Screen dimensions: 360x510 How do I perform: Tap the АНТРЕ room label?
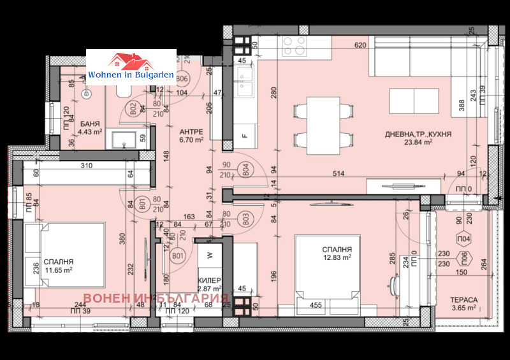[191, 131]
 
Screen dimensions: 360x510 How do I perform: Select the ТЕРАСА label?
[463, 299]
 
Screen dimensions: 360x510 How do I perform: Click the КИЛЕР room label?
[210, 280]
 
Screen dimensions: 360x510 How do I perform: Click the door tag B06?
[182, 79]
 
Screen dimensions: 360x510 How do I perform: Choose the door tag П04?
[465, 240]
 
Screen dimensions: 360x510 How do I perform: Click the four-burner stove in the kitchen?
[295, 46]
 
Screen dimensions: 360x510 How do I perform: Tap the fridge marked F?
[244, 136]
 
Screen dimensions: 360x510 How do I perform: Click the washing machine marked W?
[210, 256]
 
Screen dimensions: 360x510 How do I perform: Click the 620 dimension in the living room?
[360, 45]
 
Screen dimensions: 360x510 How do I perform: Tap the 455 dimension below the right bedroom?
[316, 306]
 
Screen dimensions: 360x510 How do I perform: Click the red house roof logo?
[130, 61]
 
